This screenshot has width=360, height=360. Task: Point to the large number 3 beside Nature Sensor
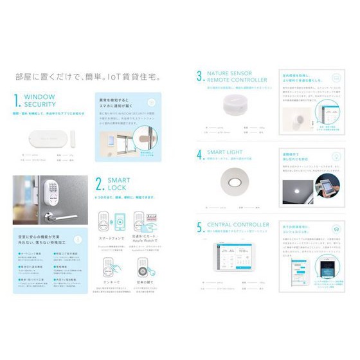click(x=200, y=76)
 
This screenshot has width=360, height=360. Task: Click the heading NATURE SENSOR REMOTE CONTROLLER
click(x=231, y=76)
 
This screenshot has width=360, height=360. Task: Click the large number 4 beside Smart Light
click(x=200, y=154)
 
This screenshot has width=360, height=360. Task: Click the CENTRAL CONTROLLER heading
click(x=239, y=226)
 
